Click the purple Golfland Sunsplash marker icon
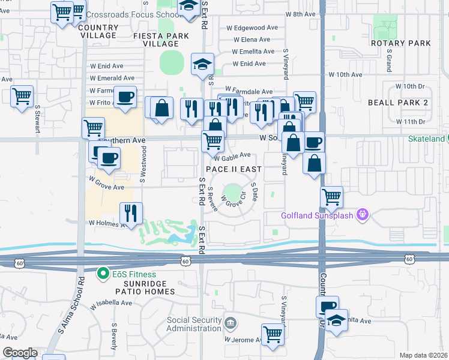coord(361,214)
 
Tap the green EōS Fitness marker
coord(103,274)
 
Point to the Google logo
coord(19,352)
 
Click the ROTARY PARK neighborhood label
coord(400,43)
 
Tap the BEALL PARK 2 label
coord(398,103)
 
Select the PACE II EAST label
coord(234,169)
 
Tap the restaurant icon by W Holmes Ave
coord(130,212)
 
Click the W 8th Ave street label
coord(300,13)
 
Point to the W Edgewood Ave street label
coord(252,28)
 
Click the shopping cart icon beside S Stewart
coord(22,95)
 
